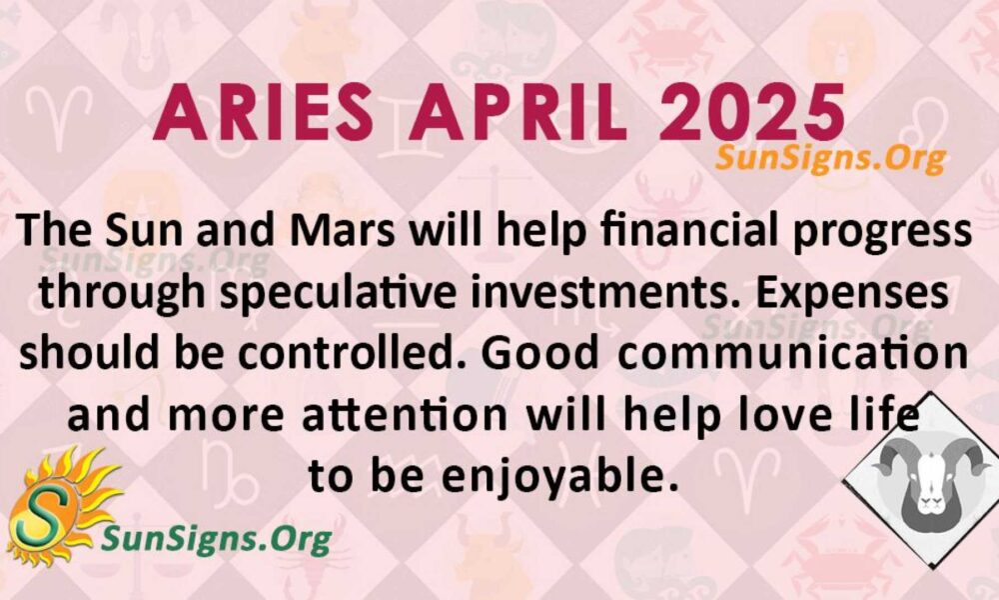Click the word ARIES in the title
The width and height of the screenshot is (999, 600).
click(x=263, y=114)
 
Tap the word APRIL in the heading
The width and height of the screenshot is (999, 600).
click(x=516, y=114)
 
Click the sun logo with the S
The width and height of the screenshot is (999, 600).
click(x=62, y=506)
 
